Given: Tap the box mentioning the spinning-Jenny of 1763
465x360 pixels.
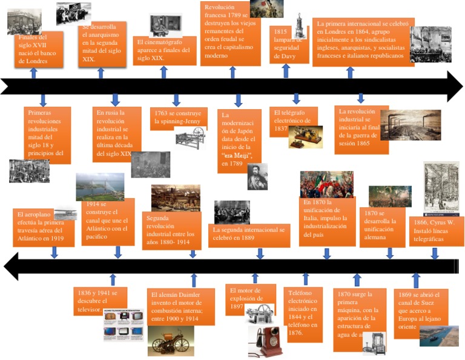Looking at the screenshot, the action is pyautogui.click(x=178, y=118).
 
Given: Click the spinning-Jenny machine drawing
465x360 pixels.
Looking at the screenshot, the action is pyautogui.click(x=190, y=138).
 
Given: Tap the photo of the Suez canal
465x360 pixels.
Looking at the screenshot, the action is pyautogui.click(x=439, y=336).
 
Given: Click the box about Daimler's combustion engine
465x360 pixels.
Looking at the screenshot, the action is pyautogui.click(x=181, y=306).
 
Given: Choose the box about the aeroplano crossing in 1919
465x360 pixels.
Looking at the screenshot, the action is pyautogui.click(x=41, y=227).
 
